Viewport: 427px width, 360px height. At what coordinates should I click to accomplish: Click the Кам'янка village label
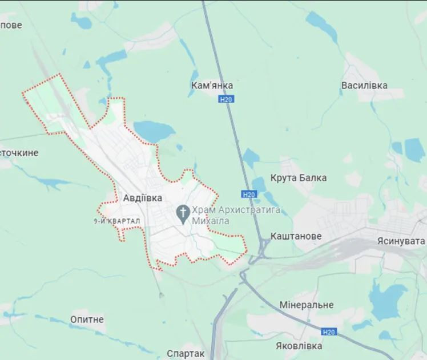tap(212, 85)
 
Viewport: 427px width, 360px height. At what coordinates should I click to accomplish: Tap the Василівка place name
tap(364, 86)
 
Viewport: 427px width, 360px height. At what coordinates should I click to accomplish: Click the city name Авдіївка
tap(143, 198)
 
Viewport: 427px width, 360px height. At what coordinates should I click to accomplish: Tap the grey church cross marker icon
tap(183, 215)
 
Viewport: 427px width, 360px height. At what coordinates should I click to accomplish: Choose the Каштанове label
tap(296, 236)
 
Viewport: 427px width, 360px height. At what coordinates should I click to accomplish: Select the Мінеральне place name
tap(307, 305)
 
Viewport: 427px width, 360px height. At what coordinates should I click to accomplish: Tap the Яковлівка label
tap(298, 346)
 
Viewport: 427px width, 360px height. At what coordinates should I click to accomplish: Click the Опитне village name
tap(87, 319)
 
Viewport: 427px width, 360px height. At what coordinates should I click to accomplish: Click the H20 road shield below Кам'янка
tap(225, 99)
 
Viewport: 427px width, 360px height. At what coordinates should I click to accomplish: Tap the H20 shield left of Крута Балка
tap(248, 195)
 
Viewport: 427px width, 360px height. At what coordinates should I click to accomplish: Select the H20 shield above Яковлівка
tap(328, 331)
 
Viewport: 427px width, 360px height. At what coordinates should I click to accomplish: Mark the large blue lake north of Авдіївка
tap(153, 131)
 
